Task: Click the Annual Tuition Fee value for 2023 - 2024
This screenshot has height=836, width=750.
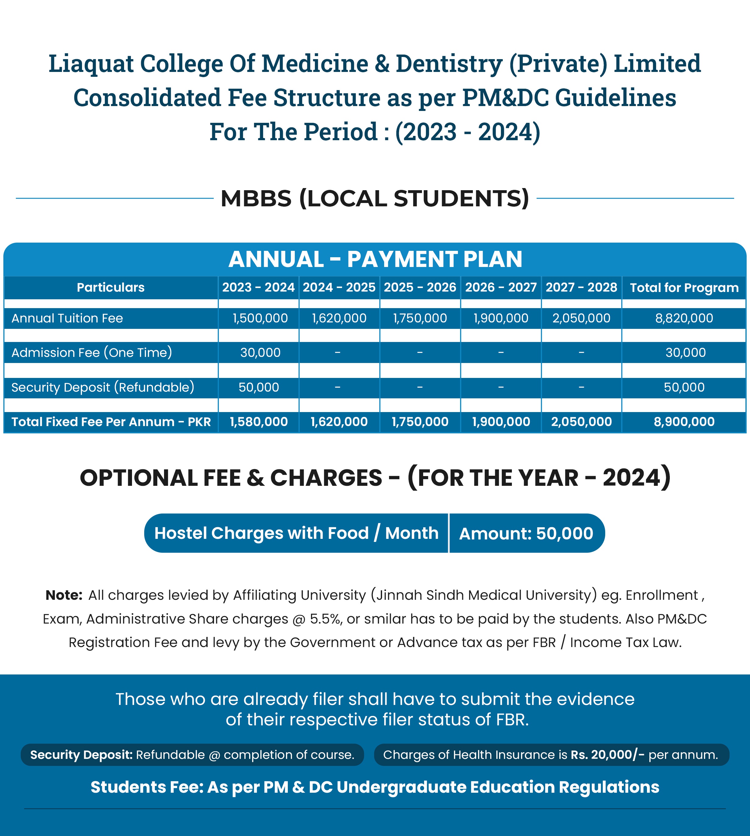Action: (x=260, y=318)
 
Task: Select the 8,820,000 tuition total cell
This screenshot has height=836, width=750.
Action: (x=684, y=318)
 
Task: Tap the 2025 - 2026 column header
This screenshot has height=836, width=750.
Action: (x=420, y=287)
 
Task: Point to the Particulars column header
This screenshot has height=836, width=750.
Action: (x=110, y=287)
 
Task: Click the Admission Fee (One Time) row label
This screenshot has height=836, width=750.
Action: (x=91, y=353)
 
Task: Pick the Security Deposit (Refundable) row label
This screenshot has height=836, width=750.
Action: (x=103, y=387)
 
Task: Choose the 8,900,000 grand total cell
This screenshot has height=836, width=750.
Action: (x=684, y=422)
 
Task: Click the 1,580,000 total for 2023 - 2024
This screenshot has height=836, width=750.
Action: (x=259, y=422)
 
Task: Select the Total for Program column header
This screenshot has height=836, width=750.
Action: (x=684, y=287)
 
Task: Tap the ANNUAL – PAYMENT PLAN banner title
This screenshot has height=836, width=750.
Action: (x=375, y=259)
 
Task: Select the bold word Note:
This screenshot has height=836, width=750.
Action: (x=64, y=595)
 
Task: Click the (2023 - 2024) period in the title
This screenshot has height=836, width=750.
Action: (x=467, y=132)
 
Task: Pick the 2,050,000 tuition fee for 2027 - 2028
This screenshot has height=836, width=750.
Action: (x=581, y=318)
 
